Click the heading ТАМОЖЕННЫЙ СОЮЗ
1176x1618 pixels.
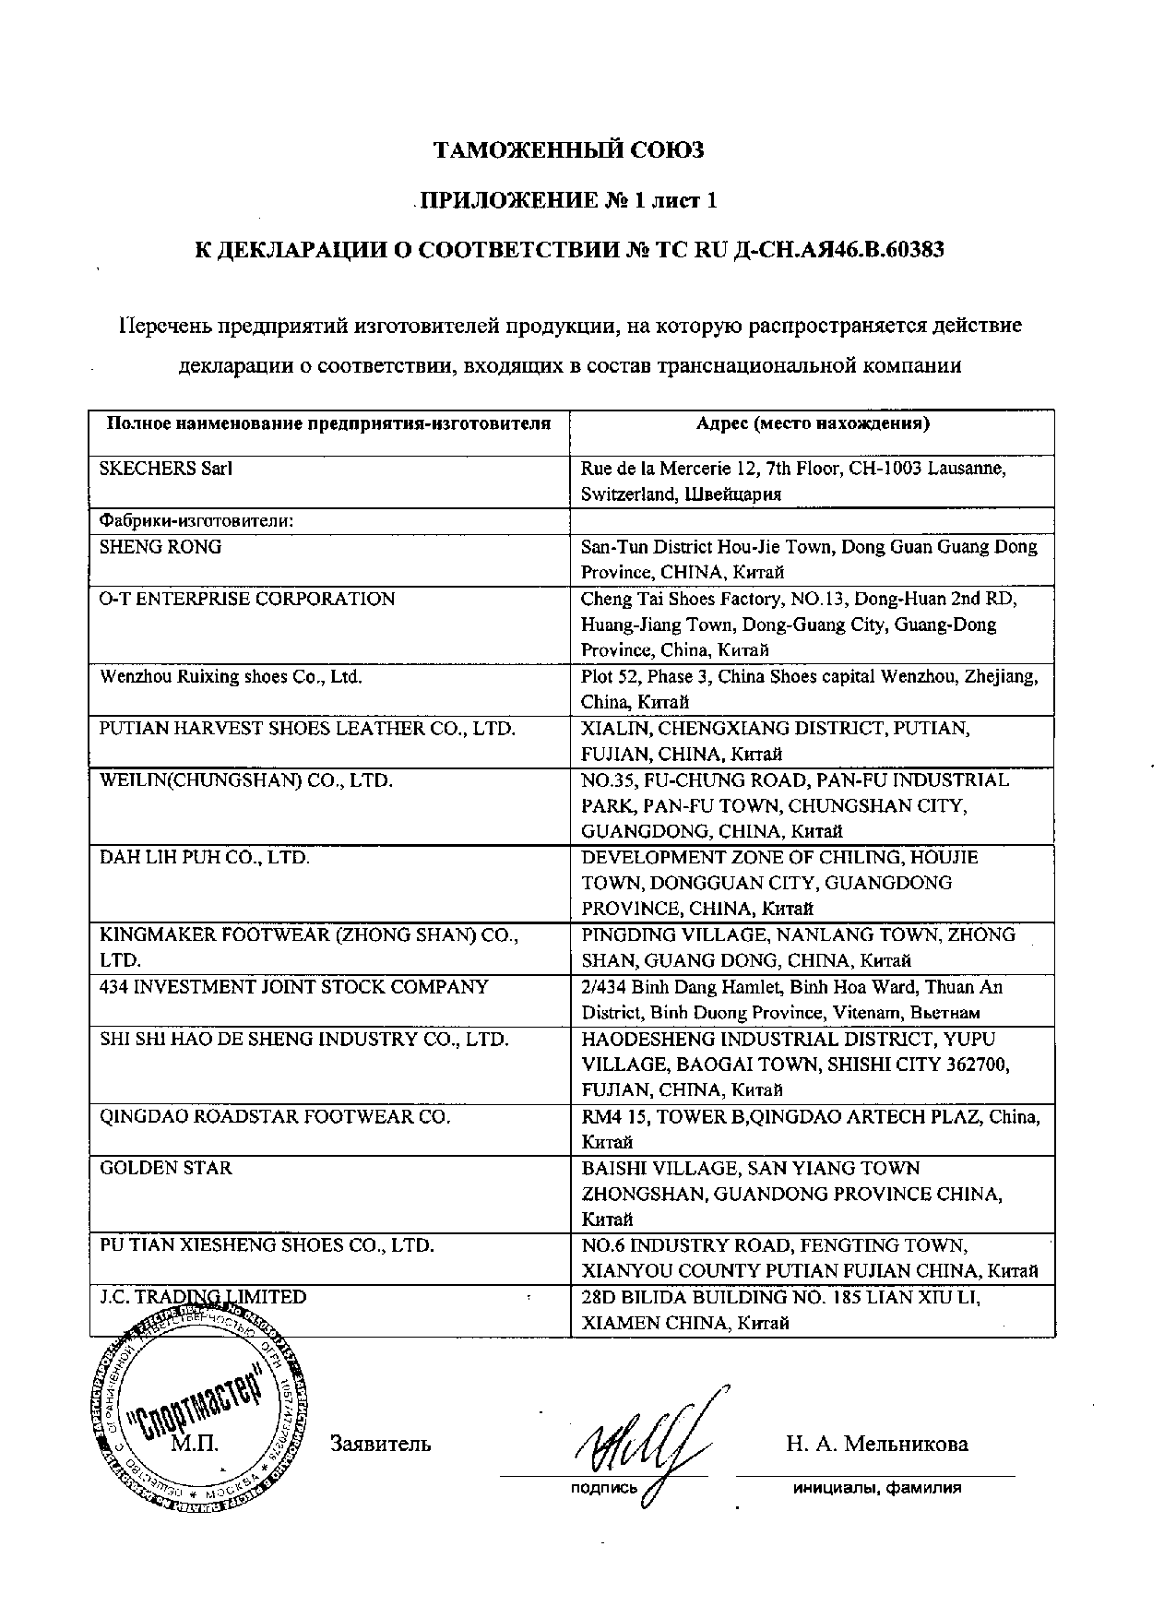569,150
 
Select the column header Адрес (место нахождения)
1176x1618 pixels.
812,423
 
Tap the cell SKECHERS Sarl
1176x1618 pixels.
166,469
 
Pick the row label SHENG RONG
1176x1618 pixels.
160,547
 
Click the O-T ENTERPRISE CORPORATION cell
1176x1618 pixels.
247,599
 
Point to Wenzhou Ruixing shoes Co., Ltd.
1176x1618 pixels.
231,677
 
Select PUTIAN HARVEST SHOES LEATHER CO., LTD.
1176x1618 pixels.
306,729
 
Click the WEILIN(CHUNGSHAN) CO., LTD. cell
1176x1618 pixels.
246,780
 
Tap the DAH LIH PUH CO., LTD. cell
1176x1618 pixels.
205,858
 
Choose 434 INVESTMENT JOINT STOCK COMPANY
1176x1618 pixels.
294,987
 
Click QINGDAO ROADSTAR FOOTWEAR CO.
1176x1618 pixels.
275,1117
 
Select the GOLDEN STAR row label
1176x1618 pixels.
166,1169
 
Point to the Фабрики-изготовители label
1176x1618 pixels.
196,520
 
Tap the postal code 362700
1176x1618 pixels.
978,1065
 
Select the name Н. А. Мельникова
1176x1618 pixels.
877,1444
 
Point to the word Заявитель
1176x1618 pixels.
380,1444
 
